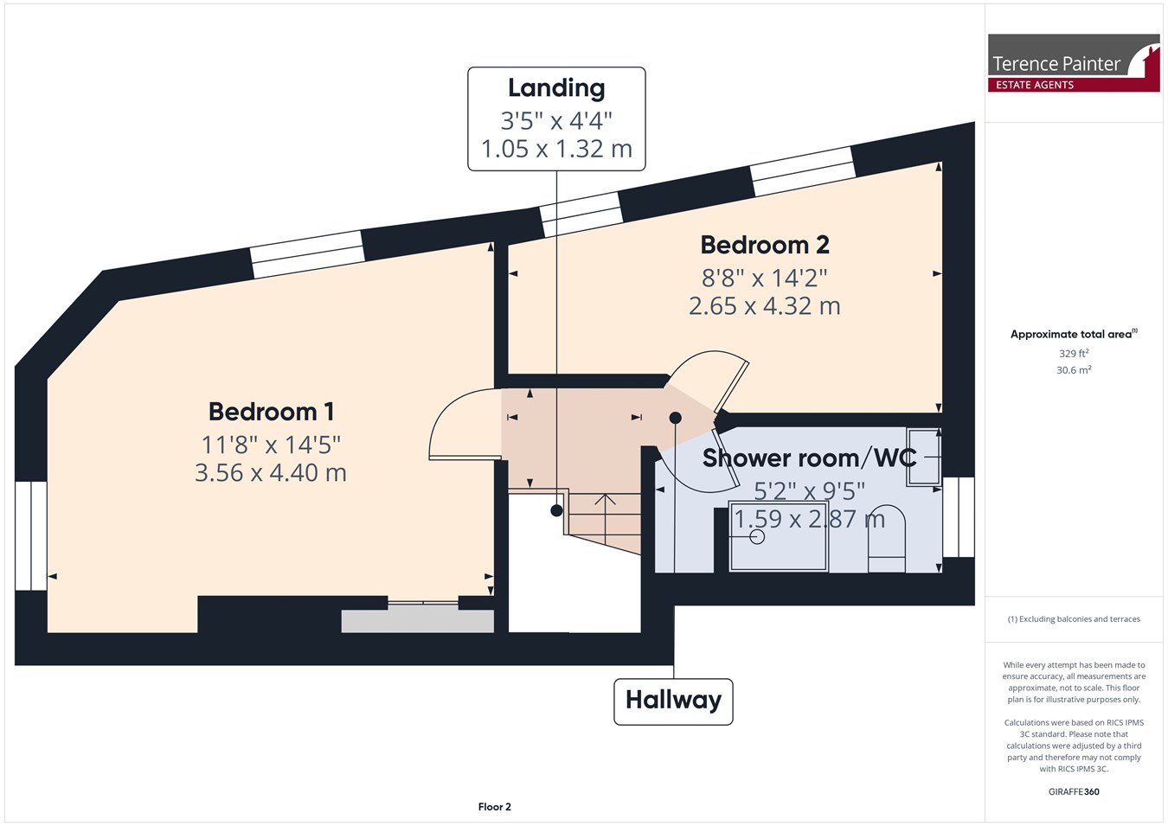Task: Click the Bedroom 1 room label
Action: (x=271, y=412)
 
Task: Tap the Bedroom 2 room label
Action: (x=765, y=245)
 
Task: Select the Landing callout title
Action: (x=556, y=88)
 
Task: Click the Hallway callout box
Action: (x=673, y=701)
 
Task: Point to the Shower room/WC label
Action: (x=809, y=458)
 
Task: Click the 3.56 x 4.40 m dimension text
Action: (x=271, y=472)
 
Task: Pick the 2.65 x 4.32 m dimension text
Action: (x=765, y=306)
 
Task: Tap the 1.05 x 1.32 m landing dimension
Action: (x=556, y=149)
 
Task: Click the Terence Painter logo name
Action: (x=1056, y=64)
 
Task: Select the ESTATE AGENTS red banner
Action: (x=1074, y=85)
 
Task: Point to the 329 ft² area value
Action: (x=1074, y=354)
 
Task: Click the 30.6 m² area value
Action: (x=1074, y=370)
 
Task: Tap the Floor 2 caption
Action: (x=494, y=807)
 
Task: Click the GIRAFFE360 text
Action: (x=1074, y=791)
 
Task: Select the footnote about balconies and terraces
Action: (x=1074, y=619)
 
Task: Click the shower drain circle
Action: (x=757, y=536)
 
